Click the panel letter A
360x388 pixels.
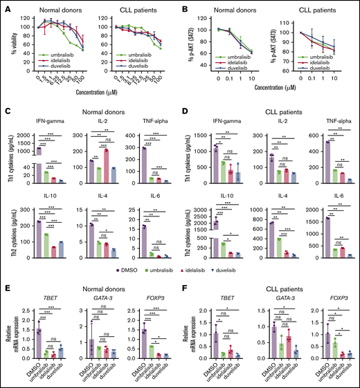[x=5, y=6]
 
